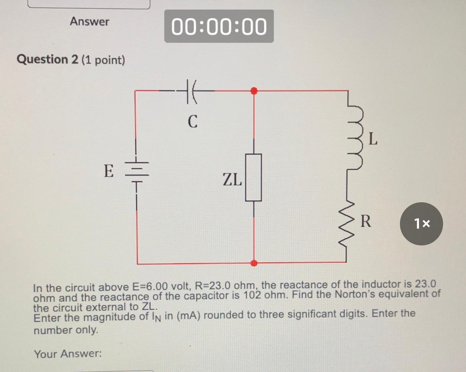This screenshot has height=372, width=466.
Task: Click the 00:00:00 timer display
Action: [x=219, y=26]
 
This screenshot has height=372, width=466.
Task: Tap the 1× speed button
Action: [x=421, y=224]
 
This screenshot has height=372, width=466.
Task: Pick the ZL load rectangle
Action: [x=253, y=177]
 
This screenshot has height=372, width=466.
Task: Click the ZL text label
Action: [x=232, y=179]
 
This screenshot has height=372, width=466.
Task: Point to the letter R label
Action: [x=366, y=222]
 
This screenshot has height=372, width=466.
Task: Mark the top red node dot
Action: [x=254, y=91]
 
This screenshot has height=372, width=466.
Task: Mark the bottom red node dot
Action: [x=254, y=263]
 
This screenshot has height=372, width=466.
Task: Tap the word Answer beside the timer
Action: [x=89, y=22]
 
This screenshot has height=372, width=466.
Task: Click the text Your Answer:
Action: [x=68, y=354]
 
